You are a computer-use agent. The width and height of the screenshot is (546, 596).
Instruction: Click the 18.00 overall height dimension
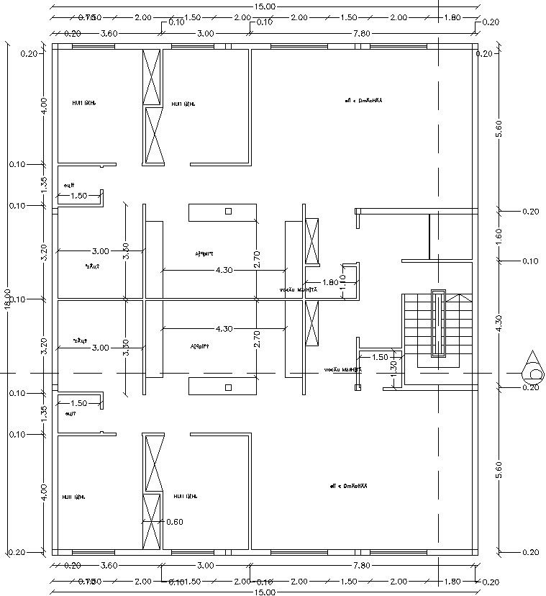coord(7,299)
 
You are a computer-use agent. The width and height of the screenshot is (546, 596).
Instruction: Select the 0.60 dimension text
coord(174,521)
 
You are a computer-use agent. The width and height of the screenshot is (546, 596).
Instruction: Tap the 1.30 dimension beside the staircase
coord(393,366)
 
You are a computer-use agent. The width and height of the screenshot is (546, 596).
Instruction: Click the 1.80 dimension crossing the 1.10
coord(330,282)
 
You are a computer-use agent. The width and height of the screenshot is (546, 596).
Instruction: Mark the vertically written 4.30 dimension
coord(499,323)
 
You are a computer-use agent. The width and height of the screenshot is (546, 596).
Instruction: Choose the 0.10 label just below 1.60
coord(530,261)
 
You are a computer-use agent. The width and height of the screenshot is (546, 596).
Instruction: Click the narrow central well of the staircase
coord(438,324)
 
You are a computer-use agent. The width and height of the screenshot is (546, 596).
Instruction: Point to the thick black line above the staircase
coord(429,235)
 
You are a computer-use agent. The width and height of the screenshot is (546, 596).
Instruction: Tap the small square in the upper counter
coord(228,211)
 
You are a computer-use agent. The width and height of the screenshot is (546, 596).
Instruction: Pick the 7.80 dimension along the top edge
coord(361,33)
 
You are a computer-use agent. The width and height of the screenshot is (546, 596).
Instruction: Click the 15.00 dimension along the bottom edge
coord(264,592)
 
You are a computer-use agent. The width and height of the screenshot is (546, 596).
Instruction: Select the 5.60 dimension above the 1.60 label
coord(499,127)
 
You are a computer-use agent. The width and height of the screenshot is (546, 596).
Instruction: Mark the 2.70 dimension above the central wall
coord(257,260)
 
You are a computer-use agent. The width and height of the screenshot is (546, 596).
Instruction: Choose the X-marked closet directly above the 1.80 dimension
coord(312,241)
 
